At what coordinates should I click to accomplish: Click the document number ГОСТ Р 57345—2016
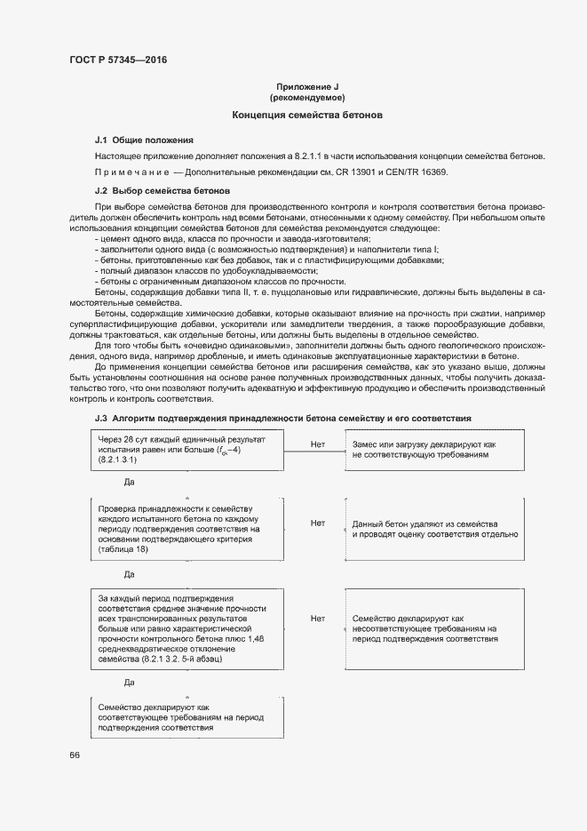pyautogui.click(x=118, y=60)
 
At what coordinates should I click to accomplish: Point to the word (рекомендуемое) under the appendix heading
pyautogui.click(x=307, y=97)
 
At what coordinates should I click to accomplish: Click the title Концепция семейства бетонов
pyautogui.click(x=307, y=116)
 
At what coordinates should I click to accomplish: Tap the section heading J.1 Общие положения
pyautogui.click(x=144, y=140)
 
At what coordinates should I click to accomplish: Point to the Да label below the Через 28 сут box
pyautogui.click(x=129, y=481)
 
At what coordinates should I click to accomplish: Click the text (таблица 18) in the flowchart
pyautogui.click(x=123, y=550)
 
